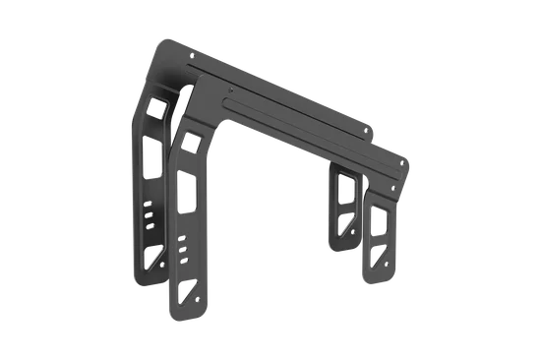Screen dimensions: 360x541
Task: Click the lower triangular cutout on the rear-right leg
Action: tap(344, 222)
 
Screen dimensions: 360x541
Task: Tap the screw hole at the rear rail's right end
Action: tap(370, 127)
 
